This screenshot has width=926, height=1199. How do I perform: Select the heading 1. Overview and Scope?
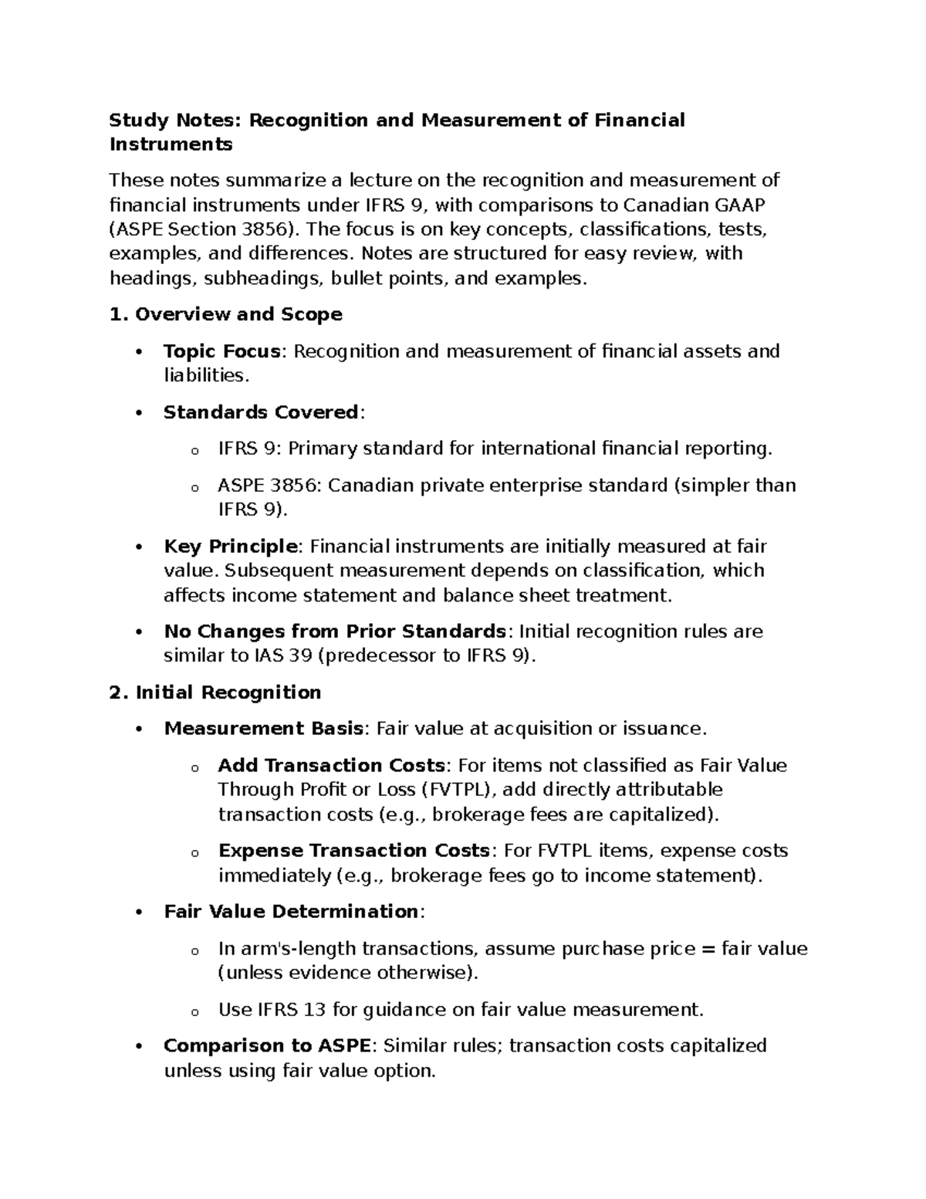[226, 314]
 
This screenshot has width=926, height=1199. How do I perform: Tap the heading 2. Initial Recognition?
[215, 693]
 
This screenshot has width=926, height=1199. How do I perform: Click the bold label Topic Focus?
[221, 351]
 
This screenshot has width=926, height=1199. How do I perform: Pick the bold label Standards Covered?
[261, 412]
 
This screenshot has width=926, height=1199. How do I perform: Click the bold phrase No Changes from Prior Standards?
[335, 632]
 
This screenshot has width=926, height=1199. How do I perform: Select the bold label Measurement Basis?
[263, 729]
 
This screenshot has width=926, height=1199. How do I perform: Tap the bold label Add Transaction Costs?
[332, 766]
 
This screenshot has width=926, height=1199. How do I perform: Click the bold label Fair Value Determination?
[291, 912]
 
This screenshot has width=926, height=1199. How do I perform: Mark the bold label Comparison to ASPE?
[267, 1046]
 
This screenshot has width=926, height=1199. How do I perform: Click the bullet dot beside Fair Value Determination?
[139, 913]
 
